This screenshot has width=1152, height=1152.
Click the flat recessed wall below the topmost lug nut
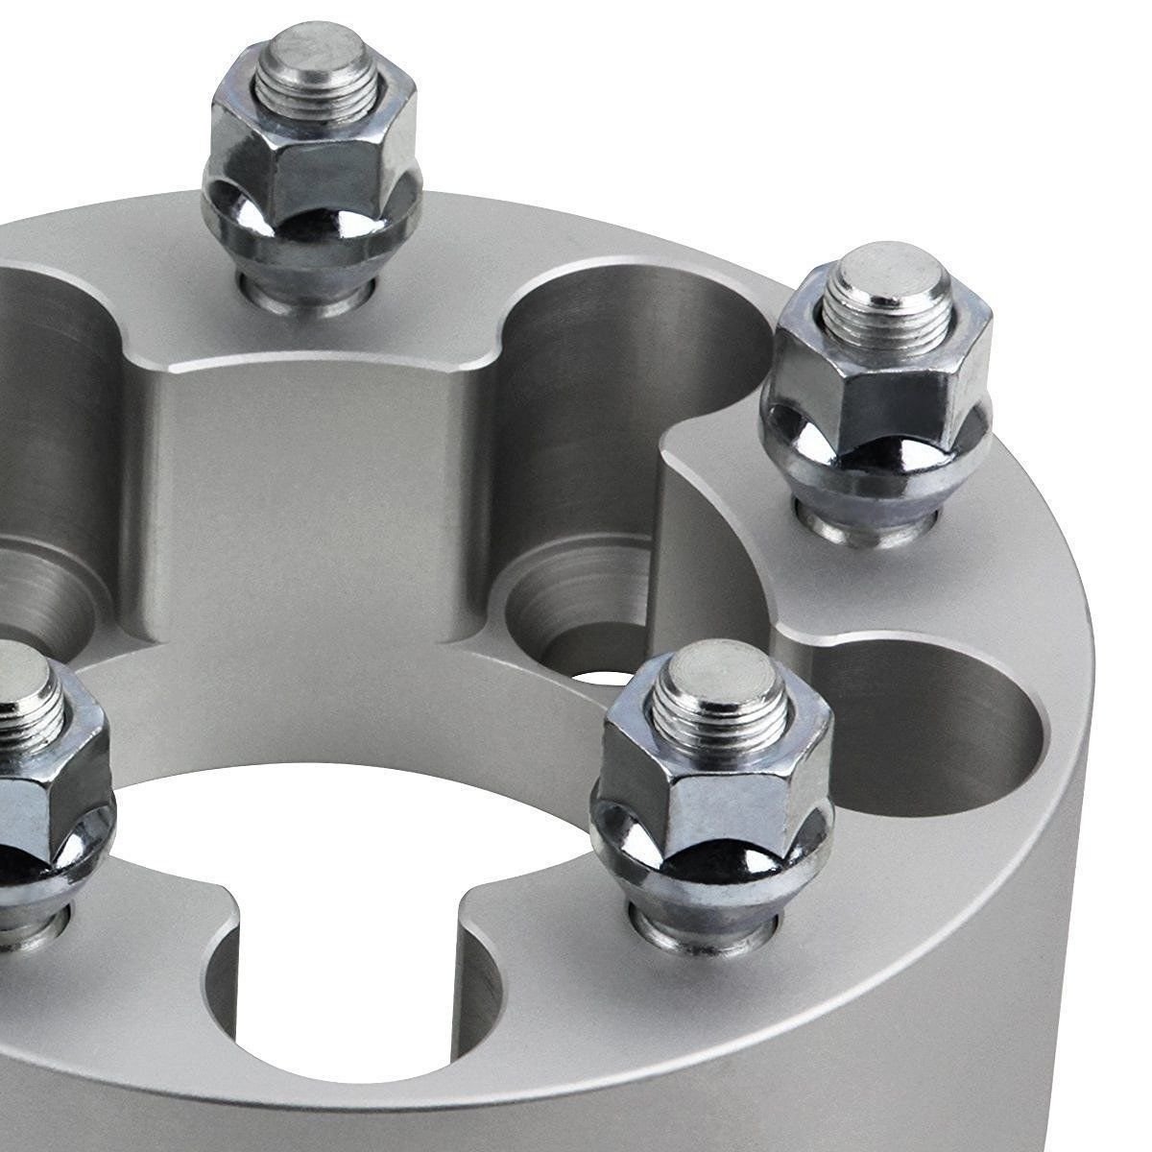point(317,499)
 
